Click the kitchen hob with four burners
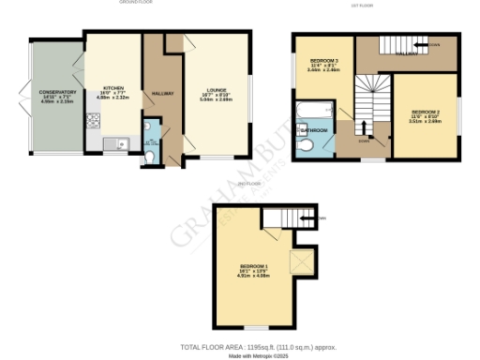pyautogui.click(x=93, y=120)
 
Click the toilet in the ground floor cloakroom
pyautogui.click(x=152, y=157)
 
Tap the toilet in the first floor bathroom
pyautogui.click(x=306, y=147)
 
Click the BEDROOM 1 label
pyautogui.click(x=254, y=268)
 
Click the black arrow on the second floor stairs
pyautogui.click(x=307, y=219)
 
